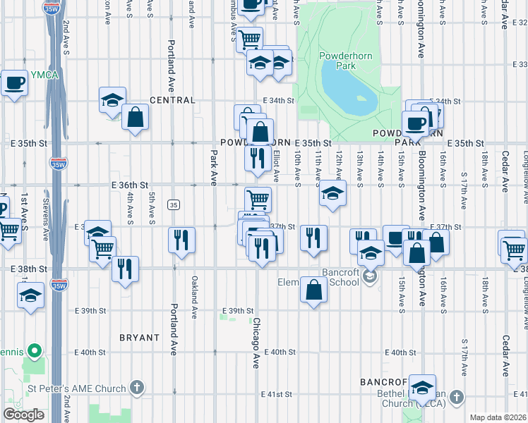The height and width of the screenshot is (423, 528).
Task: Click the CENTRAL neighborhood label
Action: [172, 101]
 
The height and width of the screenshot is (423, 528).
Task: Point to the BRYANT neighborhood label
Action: [139, 338]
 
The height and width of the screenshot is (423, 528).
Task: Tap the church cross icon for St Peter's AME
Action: [137, 388]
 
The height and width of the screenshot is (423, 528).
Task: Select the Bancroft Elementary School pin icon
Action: [370, 278]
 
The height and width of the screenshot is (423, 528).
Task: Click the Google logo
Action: [23, 415]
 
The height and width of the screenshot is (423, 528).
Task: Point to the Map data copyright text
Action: [498, 417]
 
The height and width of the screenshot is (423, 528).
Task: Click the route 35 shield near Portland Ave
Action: [173, 204]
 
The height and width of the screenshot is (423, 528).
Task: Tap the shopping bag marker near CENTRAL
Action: [135, 117]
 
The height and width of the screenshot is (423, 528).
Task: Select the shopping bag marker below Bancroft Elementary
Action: [313, 289]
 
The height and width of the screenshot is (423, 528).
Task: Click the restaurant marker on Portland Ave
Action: [182, 240]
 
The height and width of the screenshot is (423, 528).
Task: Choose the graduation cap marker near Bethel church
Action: [422, 388]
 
